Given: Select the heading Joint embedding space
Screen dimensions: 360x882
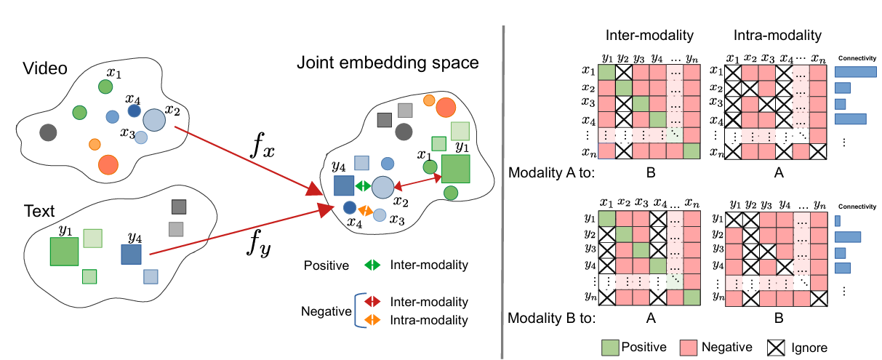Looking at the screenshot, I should tap(388, 63).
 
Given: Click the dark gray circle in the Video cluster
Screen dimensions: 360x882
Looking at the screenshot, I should tap(48, 132).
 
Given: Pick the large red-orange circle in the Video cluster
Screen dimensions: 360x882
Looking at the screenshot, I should tap(108, 165).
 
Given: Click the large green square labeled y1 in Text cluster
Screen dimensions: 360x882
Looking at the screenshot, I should tap(64, 251).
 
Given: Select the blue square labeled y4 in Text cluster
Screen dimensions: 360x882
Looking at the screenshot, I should tap(131, 255).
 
